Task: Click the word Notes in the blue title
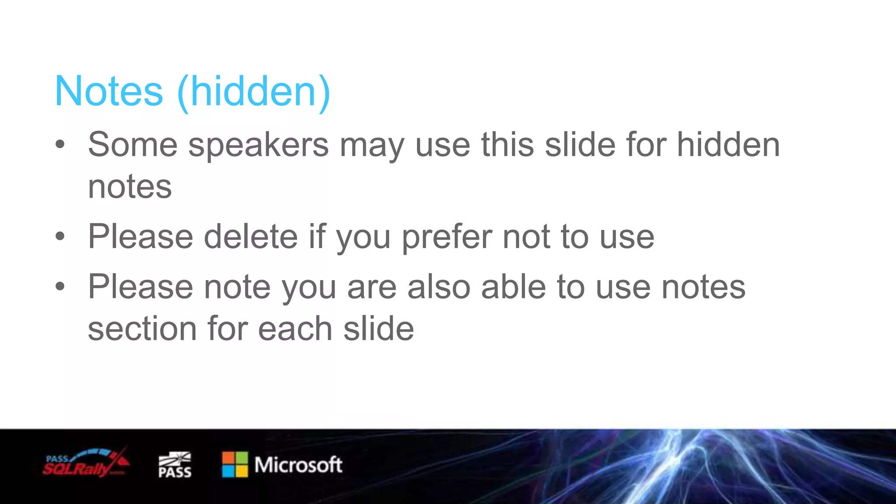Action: [x=109, y=91]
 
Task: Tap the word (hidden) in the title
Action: [x=254, y=91]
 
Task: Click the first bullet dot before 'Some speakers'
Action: [x=60, y=144]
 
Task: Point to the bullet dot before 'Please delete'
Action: [x=60, y=237]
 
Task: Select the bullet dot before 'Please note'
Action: [x=60, y=287]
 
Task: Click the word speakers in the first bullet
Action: [x=258, y=145]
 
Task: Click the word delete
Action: [x=251, y=237]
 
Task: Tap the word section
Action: [x=142, y=329]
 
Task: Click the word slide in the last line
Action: [x=378, y=329]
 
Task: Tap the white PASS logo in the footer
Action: [x=175, y=465]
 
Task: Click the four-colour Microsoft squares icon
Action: [x=235, y=465]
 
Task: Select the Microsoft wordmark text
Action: [x=298, y=465]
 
